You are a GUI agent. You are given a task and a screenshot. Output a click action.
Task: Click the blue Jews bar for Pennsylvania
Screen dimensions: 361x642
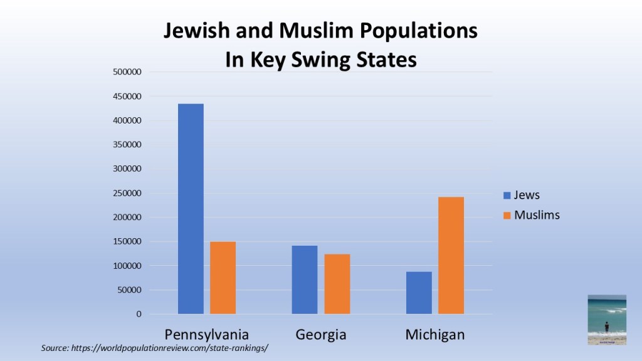coord(191,209)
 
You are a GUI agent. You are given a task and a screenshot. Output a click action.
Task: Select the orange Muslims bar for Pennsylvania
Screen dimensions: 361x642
coord(223,278)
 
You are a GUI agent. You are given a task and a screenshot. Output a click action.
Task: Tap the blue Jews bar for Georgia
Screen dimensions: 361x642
coord(305,280)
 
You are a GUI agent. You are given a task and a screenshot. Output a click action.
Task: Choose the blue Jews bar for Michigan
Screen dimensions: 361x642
coord(419,293)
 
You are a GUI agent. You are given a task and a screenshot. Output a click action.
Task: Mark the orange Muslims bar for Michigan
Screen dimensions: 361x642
coord(451,255)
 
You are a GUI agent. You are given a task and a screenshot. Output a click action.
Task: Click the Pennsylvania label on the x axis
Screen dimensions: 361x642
coord(206,334)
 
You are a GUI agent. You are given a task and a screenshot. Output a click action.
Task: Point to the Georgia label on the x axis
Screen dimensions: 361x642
coord(321,334)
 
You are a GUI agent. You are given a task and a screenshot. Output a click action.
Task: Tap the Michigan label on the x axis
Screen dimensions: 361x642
coord(435,334)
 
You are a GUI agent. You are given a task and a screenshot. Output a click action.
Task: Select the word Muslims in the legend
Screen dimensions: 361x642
coord(537,215)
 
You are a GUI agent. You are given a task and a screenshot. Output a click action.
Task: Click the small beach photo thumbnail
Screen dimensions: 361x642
coord(607,320)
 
